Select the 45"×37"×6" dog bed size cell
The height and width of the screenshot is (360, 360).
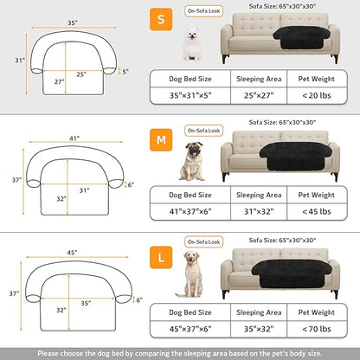click(x=189, y=330)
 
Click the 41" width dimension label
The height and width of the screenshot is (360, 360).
click(x=74, y=138)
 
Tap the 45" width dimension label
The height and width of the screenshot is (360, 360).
click(x=75, y=253)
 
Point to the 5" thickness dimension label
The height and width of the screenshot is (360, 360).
click(x=125, y=71)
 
